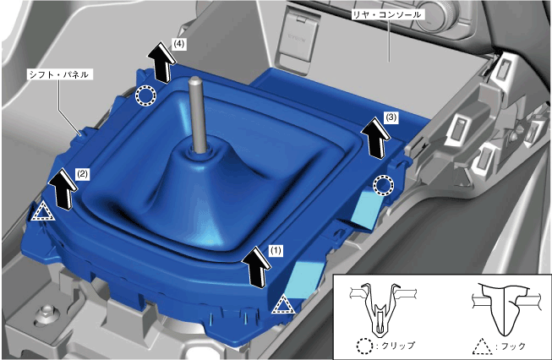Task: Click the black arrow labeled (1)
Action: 258,267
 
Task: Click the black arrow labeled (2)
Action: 63,188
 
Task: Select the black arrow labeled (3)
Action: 376,138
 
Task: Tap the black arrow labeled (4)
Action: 161,62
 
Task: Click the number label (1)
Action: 276,250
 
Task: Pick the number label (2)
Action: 82,173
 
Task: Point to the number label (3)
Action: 391,117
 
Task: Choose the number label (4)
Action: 179,44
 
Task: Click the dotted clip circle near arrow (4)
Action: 145,95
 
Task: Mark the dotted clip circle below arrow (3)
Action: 384,184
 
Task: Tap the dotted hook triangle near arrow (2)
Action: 42,213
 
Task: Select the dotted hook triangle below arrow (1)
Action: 283,305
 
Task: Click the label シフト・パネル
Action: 59,74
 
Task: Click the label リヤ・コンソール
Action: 386,15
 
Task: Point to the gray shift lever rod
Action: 196,114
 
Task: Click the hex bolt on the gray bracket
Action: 46,311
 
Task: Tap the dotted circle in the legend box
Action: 364,346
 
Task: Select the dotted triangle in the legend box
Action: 483,347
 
